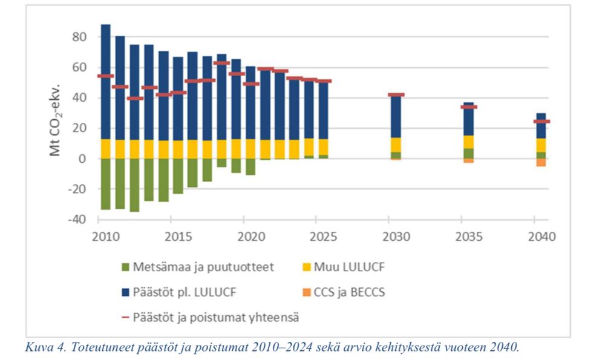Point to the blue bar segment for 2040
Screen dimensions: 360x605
point(541,126)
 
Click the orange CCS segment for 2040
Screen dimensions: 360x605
point(541,162)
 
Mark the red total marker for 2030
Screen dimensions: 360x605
point(396,95)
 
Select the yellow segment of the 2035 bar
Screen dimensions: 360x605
point(469,142)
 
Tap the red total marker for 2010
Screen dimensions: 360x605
point(105,76)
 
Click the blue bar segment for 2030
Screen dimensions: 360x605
point(396,116)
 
